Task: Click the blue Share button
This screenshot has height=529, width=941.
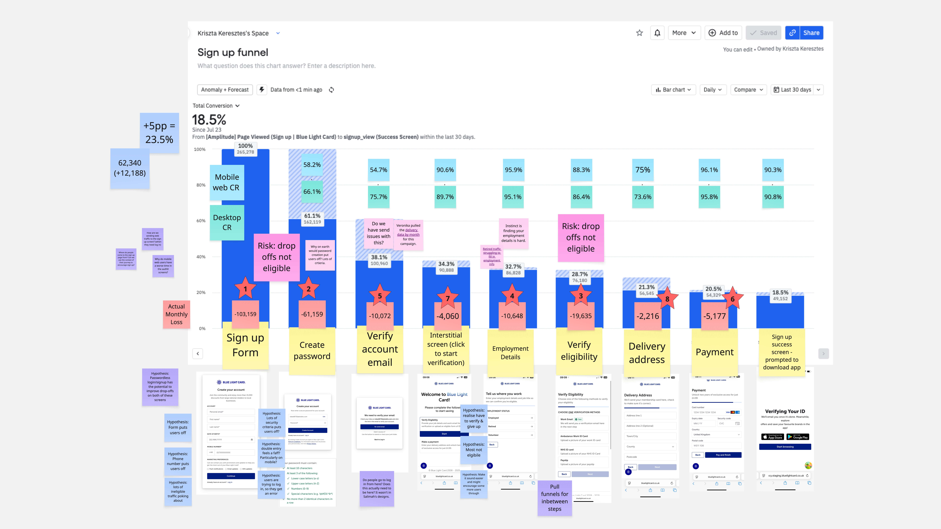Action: point(811,33)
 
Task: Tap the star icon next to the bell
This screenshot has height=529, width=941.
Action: point(639,33)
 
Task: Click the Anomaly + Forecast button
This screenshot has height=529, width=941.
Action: point(225,90)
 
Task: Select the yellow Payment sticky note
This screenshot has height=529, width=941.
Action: point(715,352)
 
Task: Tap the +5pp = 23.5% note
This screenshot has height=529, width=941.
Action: point(159,133)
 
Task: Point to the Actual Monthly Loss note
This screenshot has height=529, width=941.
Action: point(176,314)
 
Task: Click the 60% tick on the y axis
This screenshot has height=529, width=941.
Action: point(201,221)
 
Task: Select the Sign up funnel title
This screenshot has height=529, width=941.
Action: point(233,53)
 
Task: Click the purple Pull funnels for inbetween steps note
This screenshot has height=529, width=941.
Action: point(555,498)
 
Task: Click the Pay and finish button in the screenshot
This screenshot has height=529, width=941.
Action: point(723,455)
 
